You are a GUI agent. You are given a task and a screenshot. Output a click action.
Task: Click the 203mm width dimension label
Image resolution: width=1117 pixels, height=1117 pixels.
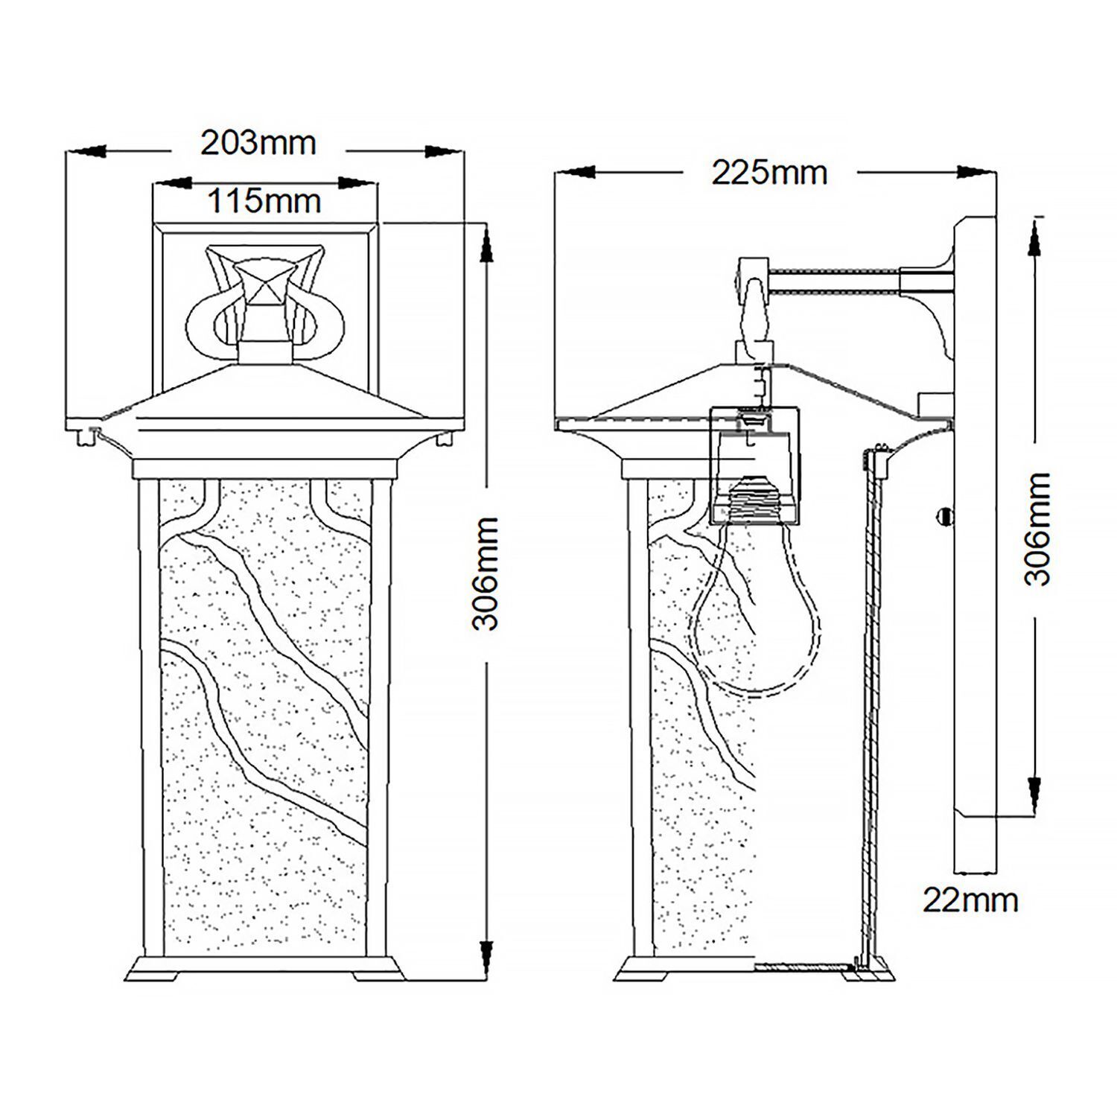[258, 142]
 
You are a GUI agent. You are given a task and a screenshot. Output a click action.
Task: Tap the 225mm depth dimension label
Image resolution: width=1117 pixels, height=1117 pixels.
[769, 173]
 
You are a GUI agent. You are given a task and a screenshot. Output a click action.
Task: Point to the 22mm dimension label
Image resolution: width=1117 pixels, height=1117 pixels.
[970, 900]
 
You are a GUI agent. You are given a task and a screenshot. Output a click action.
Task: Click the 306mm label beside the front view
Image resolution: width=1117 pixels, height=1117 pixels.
[487, 573]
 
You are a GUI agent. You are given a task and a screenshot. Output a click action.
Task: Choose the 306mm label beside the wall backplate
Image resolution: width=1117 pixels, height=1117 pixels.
[1037, 529]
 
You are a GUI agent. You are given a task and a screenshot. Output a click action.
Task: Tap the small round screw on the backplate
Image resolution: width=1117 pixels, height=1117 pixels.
[945, 515]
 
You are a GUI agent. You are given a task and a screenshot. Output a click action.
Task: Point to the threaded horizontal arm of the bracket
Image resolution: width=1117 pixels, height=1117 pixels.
[834, 281]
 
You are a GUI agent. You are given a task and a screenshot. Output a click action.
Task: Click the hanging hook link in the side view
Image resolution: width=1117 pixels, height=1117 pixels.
[753, 305]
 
